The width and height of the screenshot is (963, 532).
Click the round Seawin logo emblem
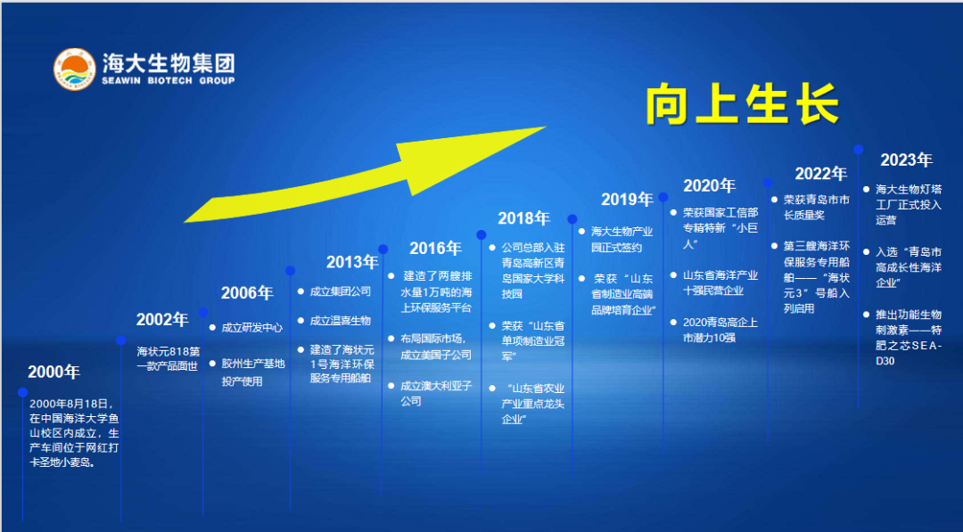coord(75,70)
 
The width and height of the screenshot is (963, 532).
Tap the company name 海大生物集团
coord(168,63)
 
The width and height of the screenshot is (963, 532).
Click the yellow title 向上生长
coord(742,104)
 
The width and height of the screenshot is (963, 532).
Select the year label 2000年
coord(53,372)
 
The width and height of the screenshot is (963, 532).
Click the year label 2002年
coord(162,320)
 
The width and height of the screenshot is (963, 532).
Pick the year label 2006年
coord(247,293)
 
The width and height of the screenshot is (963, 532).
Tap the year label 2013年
coord(352,262)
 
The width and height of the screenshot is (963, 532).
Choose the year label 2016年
coord(435,249)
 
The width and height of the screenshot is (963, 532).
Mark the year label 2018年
coord(523,218)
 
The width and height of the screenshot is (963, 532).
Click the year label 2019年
coord(627,200)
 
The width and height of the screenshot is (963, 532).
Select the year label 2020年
coord(709,186)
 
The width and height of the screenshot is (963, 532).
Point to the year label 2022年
coord(820,174)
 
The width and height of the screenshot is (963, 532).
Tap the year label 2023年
coord(906,160)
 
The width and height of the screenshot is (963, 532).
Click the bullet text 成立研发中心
coord(252,328)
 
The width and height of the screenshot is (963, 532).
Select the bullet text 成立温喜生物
coord(341,320)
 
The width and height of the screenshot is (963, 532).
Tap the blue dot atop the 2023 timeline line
coord(858,150)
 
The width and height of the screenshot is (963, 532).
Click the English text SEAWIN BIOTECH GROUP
coord(168,81)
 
